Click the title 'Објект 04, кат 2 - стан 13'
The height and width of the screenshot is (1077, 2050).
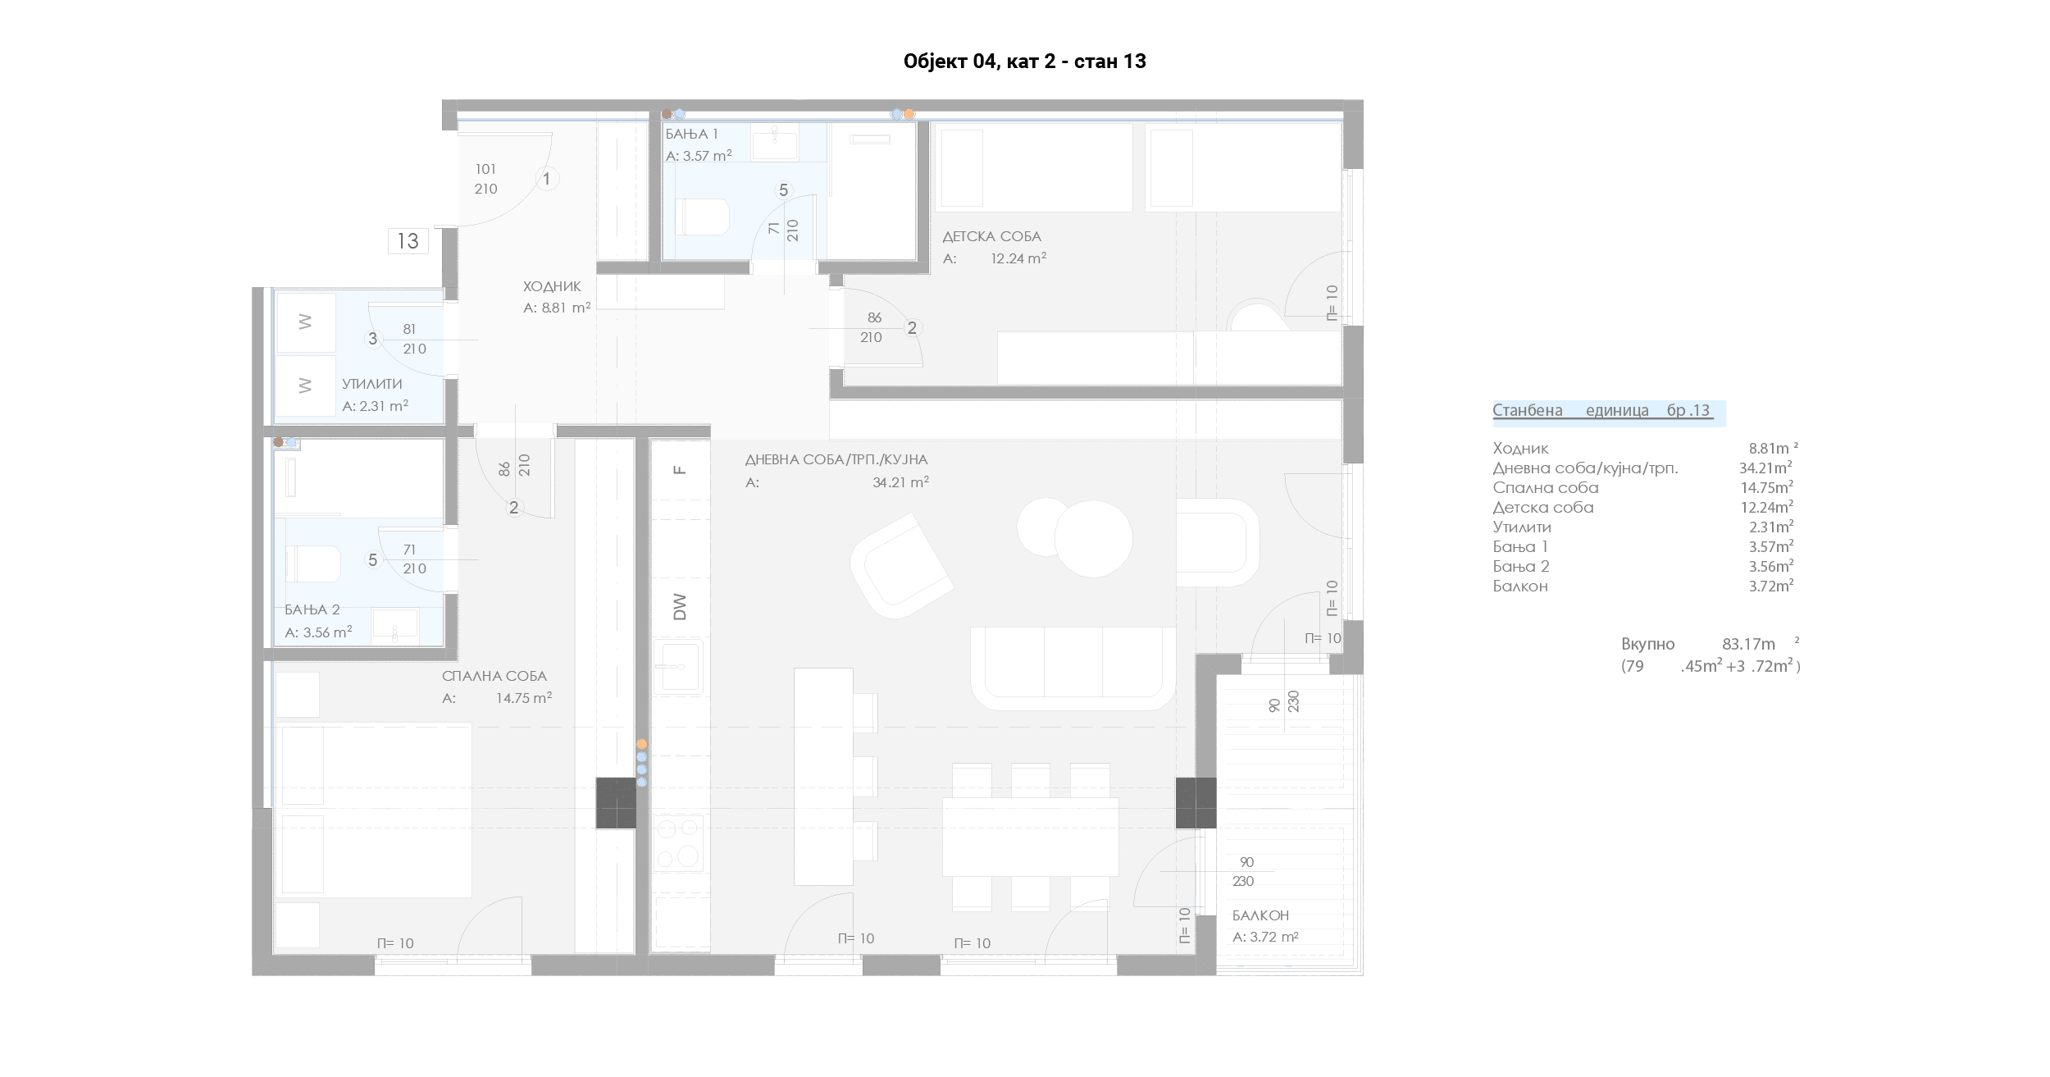point(1024,62)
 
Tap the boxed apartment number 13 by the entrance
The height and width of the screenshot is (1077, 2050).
point(408,241)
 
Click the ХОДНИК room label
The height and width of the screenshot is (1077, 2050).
point(552,286)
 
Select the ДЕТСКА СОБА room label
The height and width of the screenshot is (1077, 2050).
point(991,236)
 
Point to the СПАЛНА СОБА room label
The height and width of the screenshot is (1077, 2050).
point(494,676)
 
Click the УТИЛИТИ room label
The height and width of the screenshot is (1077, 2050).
point(371,384)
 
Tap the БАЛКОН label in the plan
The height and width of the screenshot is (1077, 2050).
point(1260,915)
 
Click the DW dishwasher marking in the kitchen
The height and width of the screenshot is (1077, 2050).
point(680,607)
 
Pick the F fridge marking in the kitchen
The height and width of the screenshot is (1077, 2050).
point(679,470)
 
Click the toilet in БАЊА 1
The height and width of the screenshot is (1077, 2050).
point(702,217)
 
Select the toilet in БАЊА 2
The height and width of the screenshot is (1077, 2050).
point(312,564)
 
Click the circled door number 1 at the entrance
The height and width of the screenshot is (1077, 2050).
point(547,178)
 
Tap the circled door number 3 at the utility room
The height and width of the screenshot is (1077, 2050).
point(373,339)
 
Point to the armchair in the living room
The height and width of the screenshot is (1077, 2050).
point(901,566)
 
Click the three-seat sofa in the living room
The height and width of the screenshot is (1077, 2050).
point(1073,668)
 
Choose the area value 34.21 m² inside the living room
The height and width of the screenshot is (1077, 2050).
point(900,482)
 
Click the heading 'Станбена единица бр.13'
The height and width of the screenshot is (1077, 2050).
point(1602,411)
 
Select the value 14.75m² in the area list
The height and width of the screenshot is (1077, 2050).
point(1766,487)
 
